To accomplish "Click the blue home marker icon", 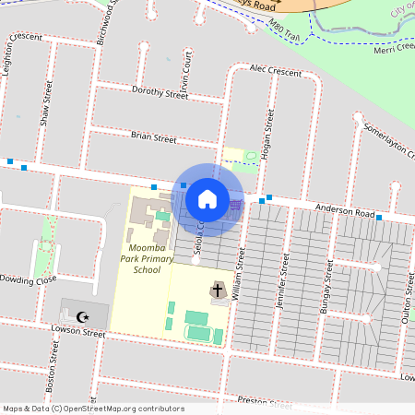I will (207, 197).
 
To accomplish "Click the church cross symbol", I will (219, 291).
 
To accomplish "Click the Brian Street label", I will (153, 137).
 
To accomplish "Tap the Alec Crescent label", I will (275, 70).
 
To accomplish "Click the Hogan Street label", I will (270, 136).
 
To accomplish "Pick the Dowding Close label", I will (29, 279).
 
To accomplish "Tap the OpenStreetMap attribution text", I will (93, 408).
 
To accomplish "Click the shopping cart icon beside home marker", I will (237, 205).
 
